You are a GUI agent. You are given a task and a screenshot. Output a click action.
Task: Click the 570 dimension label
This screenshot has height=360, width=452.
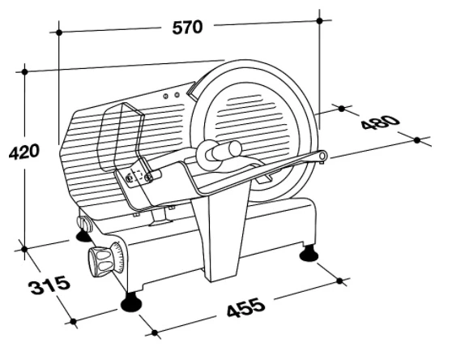click(187, 28)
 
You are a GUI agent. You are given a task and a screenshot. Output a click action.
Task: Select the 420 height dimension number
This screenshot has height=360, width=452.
click(23, 152)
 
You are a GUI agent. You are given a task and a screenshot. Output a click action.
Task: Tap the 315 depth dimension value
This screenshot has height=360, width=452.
click(49, 285)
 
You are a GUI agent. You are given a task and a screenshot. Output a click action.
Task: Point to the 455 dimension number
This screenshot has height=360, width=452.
click(245, 307)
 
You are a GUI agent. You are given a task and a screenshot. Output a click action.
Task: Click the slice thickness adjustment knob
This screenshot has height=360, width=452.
click(100, 259)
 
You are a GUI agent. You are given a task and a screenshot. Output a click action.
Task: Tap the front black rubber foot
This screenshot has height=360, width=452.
click(131, 302)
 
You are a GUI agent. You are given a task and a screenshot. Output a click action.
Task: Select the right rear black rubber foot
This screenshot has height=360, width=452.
click(309, 254)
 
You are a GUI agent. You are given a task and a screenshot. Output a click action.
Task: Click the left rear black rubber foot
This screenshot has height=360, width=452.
click(83, 235)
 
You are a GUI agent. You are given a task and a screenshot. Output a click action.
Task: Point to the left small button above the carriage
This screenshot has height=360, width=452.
click(166, 96)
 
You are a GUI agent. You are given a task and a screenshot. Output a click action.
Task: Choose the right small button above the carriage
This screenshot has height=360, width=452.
click(177, 95)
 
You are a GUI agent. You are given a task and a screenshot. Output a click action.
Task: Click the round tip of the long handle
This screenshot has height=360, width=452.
click(322, 156)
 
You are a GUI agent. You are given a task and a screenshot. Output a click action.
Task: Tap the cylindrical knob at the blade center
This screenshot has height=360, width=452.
click(226, 151)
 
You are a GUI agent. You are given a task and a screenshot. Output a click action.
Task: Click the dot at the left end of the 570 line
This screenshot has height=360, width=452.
click(59, 32)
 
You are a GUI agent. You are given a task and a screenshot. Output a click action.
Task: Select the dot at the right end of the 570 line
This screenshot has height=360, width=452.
click(319, 20)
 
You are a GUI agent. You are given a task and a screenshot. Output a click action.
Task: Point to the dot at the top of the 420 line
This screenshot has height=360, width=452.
click(25, 71)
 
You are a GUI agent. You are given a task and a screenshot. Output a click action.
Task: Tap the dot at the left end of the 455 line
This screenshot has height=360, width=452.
click(155, 333)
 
